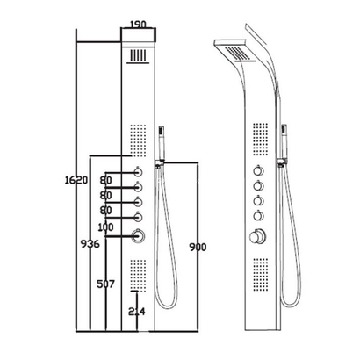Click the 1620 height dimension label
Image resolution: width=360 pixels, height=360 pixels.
click(x=76, y=180)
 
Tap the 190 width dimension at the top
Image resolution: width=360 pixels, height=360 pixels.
click(x=138, y=25)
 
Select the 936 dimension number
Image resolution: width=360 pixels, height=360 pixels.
click(x=90, y=243)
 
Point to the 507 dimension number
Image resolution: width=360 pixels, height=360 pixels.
click(x=105, y=284)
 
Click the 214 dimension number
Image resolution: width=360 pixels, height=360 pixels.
click(x=137, y=312)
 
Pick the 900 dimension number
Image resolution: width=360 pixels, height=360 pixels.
click(x=198, y=248)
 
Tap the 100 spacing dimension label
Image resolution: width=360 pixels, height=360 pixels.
click(x=105, y=227)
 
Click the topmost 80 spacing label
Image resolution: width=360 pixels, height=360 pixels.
click(x=105, y=181)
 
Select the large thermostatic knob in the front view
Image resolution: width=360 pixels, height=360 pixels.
click(x=138, y=236)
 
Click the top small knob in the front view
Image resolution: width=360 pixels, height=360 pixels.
click(x=138, y=172)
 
